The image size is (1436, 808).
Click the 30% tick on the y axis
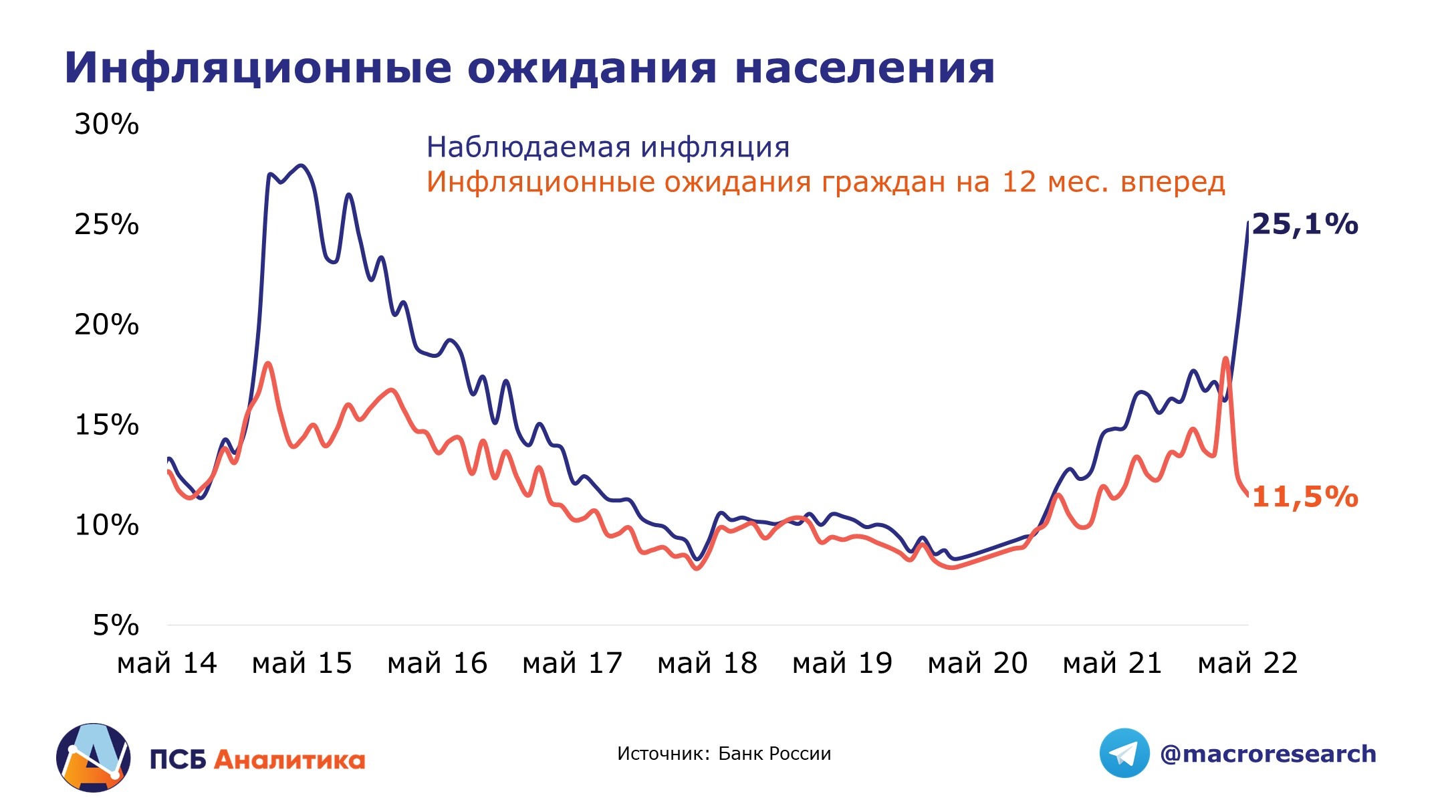[x=106, y=124]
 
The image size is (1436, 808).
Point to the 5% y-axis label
[x=116, y=626]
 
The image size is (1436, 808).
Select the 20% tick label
[x=106, y=325]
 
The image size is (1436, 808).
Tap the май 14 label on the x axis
[x=166, y=664]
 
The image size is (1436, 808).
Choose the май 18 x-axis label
[x=707, y=664]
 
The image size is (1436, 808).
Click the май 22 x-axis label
[x=1247, y=664]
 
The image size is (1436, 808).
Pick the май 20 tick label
[x=977, y=664]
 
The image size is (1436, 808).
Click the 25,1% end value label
[x=1304, y=225]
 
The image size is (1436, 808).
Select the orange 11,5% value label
[x=1304, y=498]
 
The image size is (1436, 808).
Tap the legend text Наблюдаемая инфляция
[x=608, y=147]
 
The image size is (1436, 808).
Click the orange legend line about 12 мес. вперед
[x=826, y=182]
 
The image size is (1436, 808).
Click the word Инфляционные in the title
[x=257, y=68]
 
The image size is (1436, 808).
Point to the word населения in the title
[x=864, y=68]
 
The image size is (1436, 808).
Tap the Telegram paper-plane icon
[x=1124, y=753]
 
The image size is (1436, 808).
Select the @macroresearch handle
[x=1268, y=754]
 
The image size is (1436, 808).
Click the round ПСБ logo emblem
[x=94, y=758]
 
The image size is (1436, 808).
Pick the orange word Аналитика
[x=289, y=761]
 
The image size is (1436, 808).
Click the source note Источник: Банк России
[x=724, y=754]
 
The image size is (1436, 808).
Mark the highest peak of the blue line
[x=301, y=165]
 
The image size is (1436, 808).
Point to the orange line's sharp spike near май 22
[x=1225, y=359]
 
